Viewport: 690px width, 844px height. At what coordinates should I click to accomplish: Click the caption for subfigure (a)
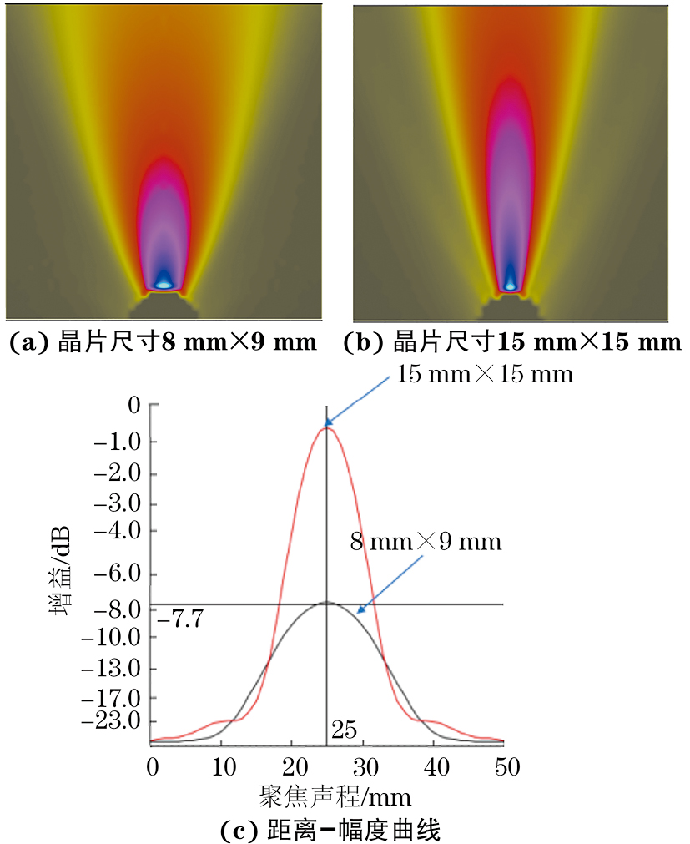(163, 342)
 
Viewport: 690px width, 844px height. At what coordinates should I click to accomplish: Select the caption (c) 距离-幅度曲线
(330, 830)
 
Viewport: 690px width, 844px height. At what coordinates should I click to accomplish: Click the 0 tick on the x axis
(151, 766)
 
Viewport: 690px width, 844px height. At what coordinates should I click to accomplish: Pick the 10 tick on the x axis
(221, 766)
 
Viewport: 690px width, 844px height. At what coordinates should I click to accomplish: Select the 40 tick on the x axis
(433, 766)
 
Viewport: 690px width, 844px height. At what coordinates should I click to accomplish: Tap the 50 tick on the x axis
(503, 766)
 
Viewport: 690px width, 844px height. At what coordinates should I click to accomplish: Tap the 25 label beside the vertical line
(344, 731)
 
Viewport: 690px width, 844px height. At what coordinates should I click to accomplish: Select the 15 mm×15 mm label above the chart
(485, 374)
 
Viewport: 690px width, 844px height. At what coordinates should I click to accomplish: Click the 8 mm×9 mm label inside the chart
(426, 542)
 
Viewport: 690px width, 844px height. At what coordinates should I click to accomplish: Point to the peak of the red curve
(326, 427)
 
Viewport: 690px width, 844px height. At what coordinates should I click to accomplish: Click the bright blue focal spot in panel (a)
(164, 283)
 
